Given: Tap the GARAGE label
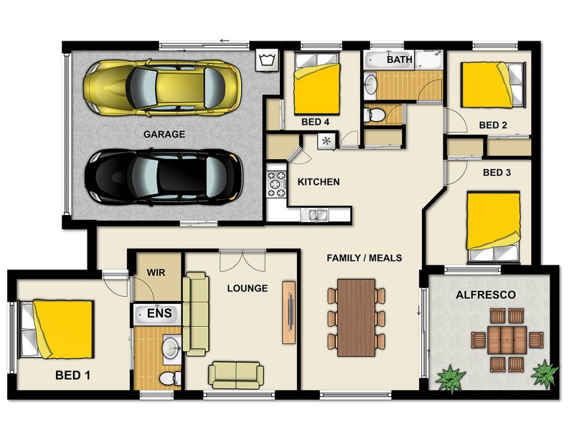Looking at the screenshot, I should [164, 134].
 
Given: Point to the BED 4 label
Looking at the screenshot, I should [316, 123].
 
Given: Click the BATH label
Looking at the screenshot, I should [400, 59].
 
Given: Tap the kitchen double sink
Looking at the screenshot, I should [315, 214].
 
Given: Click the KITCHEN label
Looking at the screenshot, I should [319, 182].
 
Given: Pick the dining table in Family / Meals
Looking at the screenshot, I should [357, 317].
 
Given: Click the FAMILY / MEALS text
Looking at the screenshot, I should [364, 257].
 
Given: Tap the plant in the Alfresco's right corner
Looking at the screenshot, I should [545, 373].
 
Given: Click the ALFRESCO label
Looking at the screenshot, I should [486, 295].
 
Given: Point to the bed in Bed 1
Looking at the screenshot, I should [57, 329].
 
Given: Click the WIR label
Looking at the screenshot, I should [156, 273].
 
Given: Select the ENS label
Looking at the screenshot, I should [159, 314].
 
